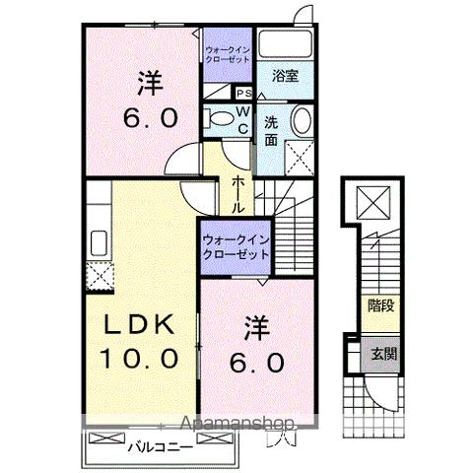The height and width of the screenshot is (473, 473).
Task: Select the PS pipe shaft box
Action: click(x=243, y=94)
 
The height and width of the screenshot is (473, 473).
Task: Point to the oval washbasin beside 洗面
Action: click(x=302, y=123)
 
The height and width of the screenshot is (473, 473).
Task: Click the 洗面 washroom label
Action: click(x=272, y=132)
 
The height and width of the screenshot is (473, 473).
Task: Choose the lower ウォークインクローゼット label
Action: click(x=236, y=246)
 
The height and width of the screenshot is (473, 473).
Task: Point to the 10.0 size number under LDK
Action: click(x=139, y=357)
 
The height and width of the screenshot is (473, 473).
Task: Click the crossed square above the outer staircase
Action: click(x=375, y=206)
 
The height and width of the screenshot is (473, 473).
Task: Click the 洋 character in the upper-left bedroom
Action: click(x=151, y=86)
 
